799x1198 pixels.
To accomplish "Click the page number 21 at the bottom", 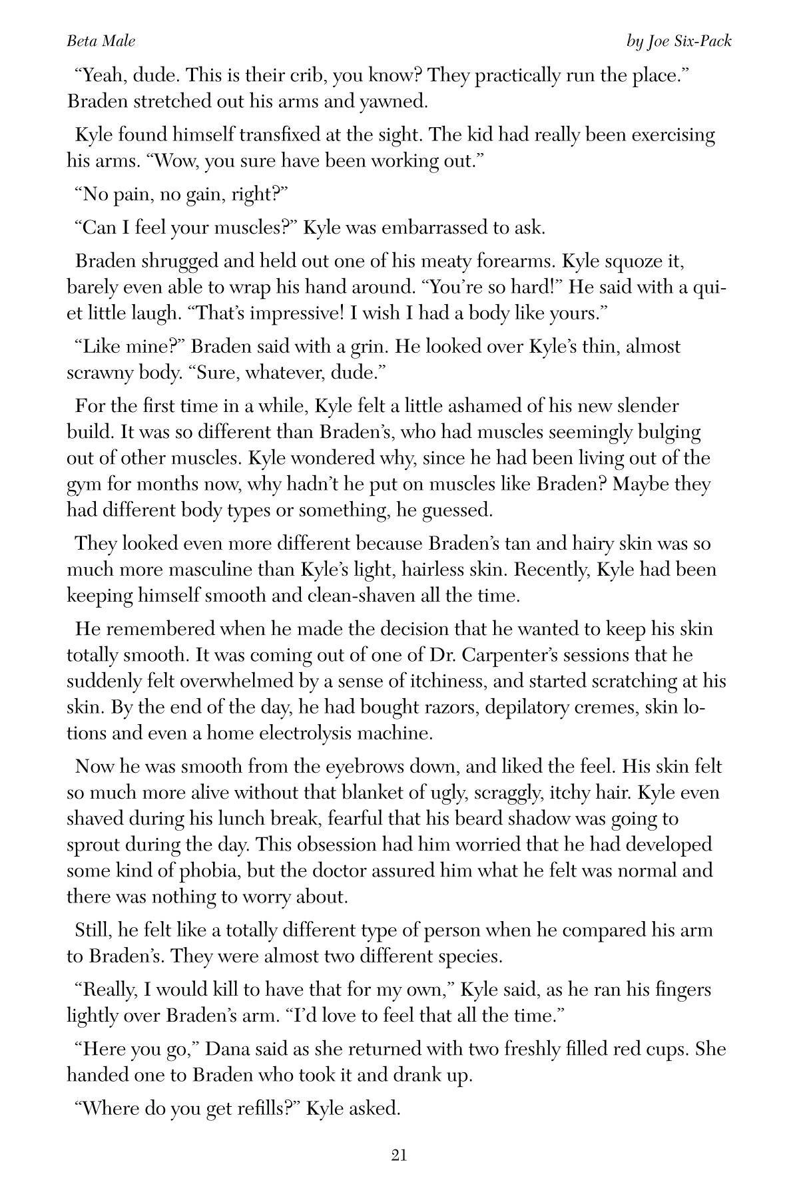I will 399,1155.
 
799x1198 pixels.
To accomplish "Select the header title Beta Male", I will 101,41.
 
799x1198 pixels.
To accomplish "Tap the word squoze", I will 641,261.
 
